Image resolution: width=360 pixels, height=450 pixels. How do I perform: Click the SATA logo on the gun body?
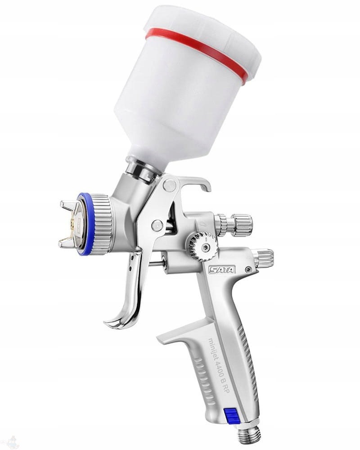(222, 270)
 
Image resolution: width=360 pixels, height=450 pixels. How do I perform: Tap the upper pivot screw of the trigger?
(169, 185)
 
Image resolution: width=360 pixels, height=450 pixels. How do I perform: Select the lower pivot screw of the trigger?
(157, 225)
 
